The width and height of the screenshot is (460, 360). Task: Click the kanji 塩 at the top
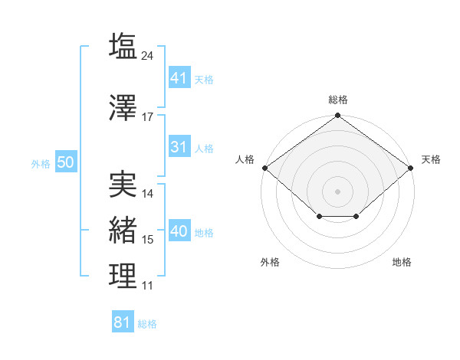pos(123,45)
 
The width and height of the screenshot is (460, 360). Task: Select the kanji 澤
pos(123,107)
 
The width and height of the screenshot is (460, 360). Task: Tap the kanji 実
pos(123,184)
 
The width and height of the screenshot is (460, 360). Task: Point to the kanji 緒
pos(123,230)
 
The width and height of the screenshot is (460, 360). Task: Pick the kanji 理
pos(123,276)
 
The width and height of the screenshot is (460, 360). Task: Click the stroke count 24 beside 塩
pos(147,56)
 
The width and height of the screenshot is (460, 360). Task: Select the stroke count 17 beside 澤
pos(147,117)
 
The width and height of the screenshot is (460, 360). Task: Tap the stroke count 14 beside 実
pos(147,194)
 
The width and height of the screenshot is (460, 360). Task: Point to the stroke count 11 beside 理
pos(147,286)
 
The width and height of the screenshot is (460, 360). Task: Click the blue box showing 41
pos(180,77)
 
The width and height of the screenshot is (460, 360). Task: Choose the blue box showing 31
pos(180,146)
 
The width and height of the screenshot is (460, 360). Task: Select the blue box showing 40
pos(180,230)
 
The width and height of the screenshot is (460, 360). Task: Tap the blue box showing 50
pos(66,162)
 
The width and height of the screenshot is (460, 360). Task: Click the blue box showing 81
pos(123,321)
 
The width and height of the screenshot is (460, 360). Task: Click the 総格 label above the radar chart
pos(338,100)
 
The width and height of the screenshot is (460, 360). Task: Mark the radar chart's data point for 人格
pos(265,168)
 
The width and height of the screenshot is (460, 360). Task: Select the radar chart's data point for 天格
pos(411,168)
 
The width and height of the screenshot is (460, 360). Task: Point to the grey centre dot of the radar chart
pos(337,191)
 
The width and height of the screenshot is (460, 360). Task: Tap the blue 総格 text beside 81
pos(147,324)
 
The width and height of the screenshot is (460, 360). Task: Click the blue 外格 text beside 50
pos(41,164)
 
